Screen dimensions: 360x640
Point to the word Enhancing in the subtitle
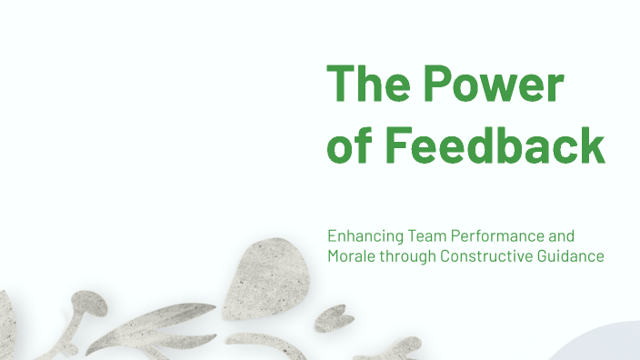coord(360,236)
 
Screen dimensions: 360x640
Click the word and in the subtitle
coord(562,235)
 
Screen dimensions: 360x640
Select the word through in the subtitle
coord(406,257)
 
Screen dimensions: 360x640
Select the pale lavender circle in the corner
coord(600,346)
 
